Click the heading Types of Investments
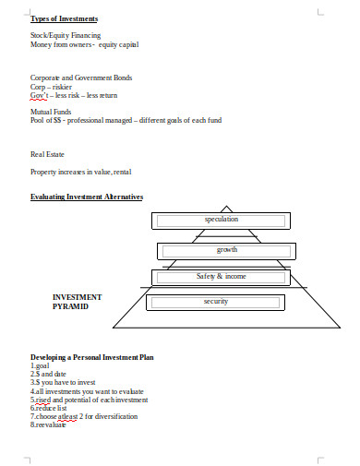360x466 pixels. click(x=65, y=18)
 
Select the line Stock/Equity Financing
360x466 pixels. click(x=66, y=35)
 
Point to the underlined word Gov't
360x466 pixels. click(x=41, y=95)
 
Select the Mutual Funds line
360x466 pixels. click(x=51, y=112)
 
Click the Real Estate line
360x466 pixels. click(x=48, y=154)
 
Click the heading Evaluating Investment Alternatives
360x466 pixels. click(x=87, y=197)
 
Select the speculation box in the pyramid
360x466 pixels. click(x=222, y=220)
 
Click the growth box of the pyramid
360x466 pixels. click(x=226, y=250)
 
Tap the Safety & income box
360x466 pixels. click(x=222, y=276)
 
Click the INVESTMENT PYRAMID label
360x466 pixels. click(x=78, y=302)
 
